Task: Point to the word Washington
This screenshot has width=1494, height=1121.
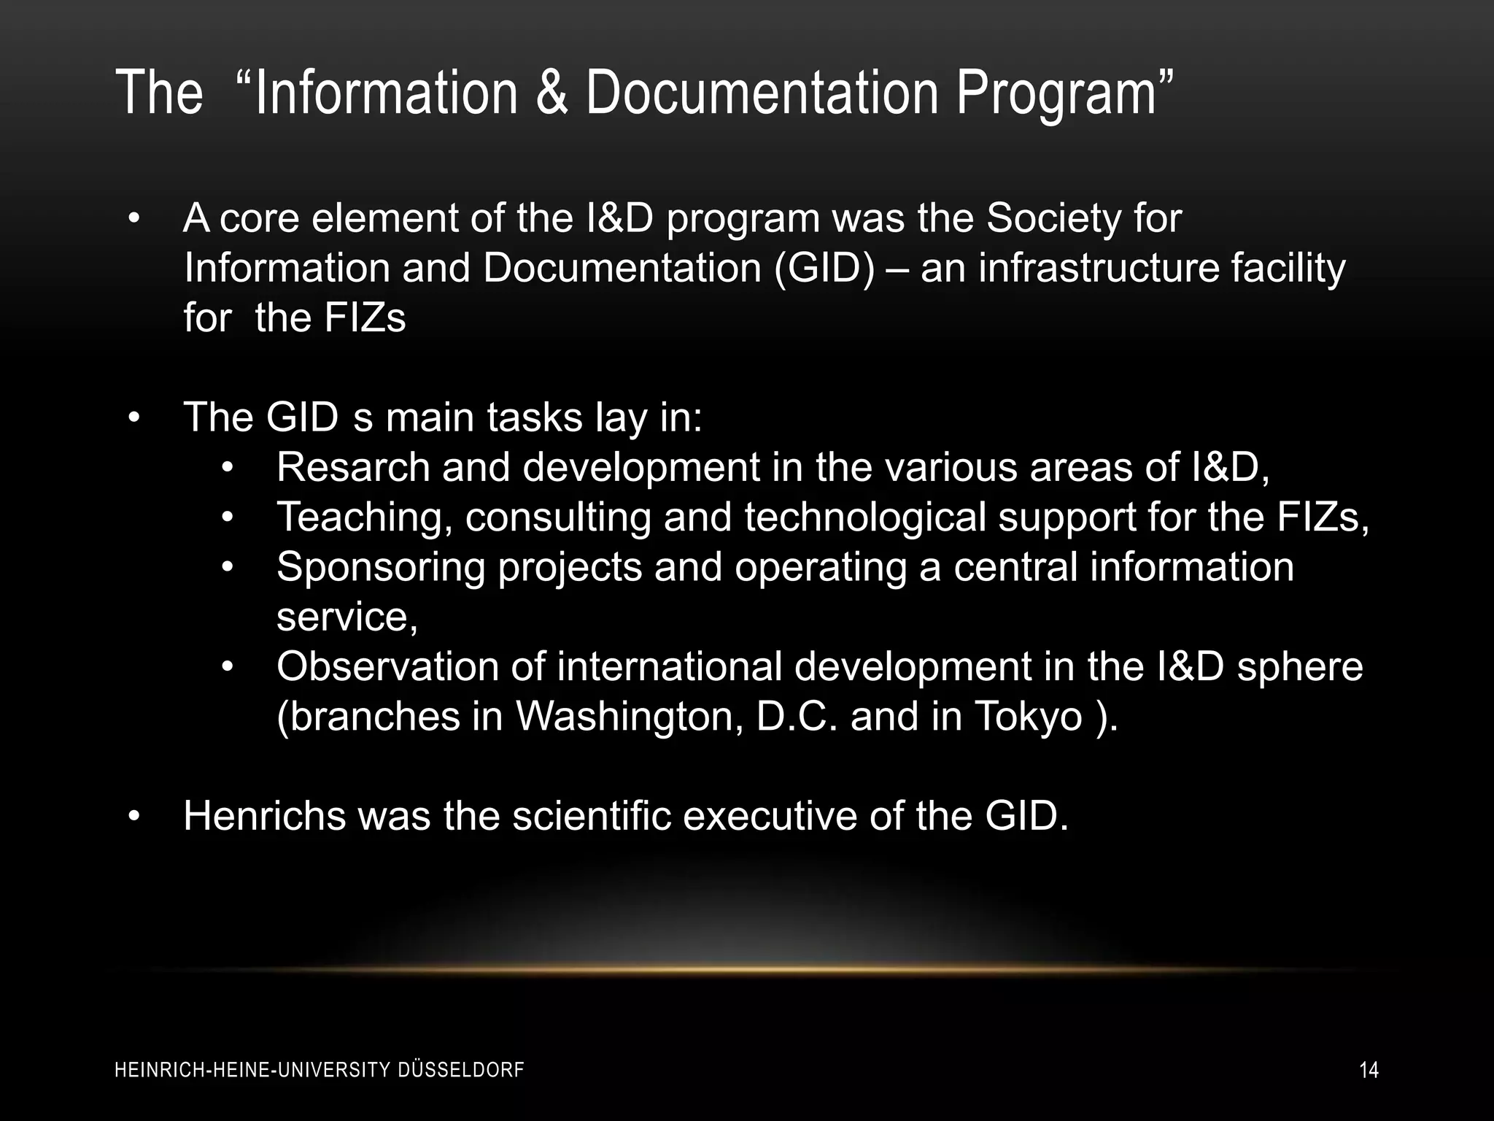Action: pos(630,717)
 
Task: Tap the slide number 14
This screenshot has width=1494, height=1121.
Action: pos(1369,1071)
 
